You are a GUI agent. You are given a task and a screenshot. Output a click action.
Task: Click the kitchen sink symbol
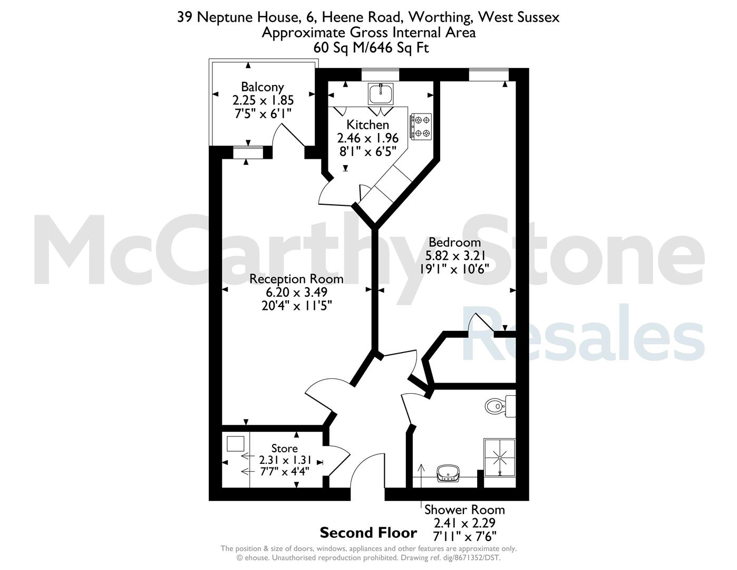click(381, 94)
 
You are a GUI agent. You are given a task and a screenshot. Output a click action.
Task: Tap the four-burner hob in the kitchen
click(421, 126)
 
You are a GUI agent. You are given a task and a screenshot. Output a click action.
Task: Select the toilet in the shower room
click(500, 406)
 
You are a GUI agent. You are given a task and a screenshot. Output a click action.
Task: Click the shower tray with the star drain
click(500, 458)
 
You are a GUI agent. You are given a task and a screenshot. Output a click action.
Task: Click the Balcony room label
click(262, 87)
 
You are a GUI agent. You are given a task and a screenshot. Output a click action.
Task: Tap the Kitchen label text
click(367, 125)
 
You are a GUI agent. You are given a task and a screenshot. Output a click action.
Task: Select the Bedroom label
click(454, 242)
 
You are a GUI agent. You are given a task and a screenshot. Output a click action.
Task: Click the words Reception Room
click(296, 279)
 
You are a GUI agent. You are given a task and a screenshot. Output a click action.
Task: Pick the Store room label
click(284, 449)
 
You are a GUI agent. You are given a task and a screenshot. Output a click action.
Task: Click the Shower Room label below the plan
click(464, 510)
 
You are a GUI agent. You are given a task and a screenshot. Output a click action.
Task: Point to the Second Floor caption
click(368, 533)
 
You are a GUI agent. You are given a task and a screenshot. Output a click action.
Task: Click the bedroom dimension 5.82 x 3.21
click(455, 255)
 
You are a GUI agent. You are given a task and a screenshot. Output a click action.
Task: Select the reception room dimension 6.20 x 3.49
click(296, 292)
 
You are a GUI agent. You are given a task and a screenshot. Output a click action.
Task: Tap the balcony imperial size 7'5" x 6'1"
click(263, 113)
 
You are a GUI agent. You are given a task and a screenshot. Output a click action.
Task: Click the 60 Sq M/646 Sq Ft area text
click(371, 47)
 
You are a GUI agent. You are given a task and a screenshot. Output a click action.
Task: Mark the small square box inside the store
click(235, 444)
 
